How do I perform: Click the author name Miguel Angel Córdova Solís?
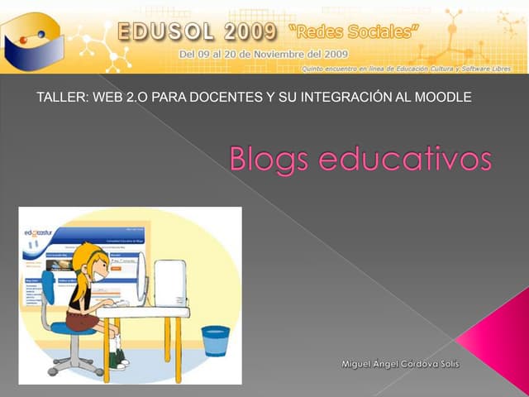tap(403, 364)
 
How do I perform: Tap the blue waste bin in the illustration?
tap(216, 340)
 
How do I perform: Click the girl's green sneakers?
tap(119, 360)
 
